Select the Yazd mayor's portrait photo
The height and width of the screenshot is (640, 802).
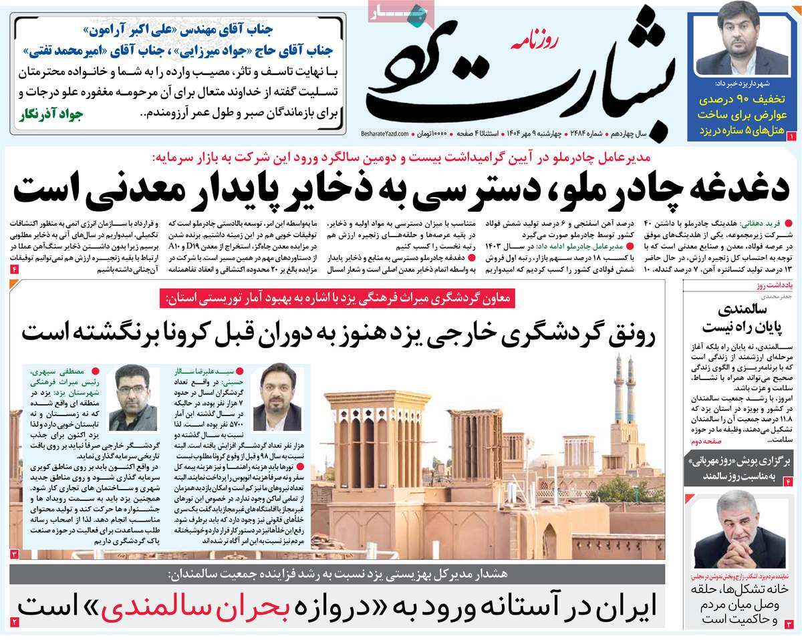(x=743, y=41)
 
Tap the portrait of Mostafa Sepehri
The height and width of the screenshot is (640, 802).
(x=133, y=399)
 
